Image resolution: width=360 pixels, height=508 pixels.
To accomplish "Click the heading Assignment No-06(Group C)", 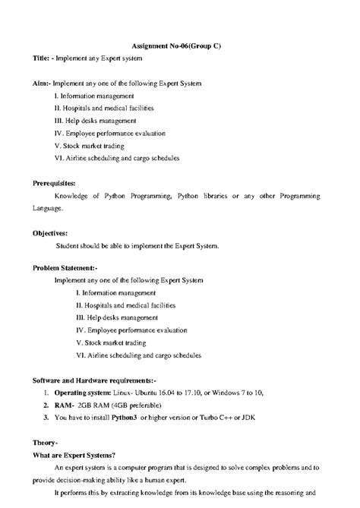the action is [180, 46].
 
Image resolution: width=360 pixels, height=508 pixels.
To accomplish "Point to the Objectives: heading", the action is [50, 233].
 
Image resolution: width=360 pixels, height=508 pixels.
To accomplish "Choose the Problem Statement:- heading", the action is [65, 267].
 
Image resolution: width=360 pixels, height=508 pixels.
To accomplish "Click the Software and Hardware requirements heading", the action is [93, 379].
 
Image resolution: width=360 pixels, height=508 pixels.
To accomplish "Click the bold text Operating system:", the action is [84, 393].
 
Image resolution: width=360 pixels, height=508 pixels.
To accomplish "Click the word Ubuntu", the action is [149, 393].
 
